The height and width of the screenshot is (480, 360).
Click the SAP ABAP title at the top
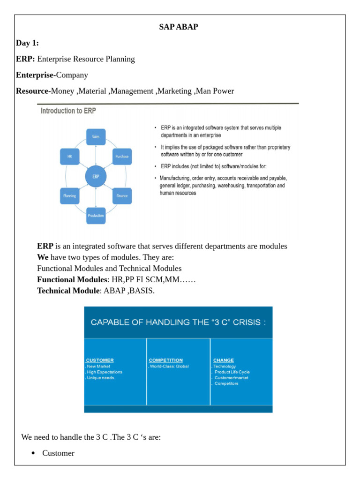pyautogui.click(x=179, y=28)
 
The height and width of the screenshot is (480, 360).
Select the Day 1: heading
pyautogui.click(x=27, y=43)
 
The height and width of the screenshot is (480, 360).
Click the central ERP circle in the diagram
pyautogui.click(x=96, y=177)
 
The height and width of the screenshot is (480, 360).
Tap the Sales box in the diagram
pyautogui.click(x=96, y=137)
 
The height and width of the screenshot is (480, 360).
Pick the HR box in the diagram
pyautogui.click(x=69, y=157)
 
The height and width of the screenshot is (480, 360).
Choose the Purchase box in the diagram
pyautogui.click(x=122, y=157)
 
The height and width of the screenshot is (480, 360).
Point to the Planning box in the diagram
pyautogui.click(x=69, y=196)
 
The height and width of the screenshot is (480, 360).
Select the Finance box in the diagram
pyautogui.click(x=122, y=196)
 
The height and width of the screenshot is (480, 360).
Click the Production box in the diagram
pyautogui.click(x=96, y=216)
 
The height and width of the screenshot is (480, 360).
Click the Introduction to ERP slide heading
pyautogui.click(x=68, y=112)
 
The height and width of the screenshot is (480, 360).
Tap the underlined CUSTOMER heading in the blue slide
pyautogui.click(x=99, y=360)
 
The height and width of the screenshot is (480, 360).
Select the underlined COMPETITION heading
pyautogui.click(x=165, y=360)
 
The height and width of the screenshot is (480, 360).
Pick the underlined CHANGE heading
pyautogui.click(x=223, y=360)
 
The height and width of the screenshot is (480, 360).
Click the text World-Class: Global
pyautogui.click(x=169, y=367)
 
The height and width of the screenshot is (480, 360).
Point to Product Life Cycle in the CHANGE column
pyautogui.click(x=232, y=372)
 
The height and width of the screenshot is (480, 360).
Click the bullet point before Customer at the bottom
pyautogui.click(x=33, y=453)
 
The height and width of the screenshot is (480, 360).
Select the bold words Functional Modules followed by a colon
pyautogui.click(x=72, y=280)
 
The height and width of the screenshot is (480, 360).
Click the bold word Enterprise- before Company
pyautogui.click(x=36, y=75)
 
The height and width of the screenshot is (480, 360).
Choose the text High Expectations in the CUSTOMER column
pyautogui.click(x=105, y=372)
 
